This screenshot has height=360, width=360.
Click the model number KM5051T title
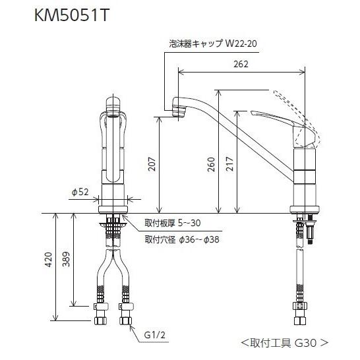pos(71,16)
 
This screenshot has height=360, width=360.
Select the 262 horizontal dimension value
pos(241,64)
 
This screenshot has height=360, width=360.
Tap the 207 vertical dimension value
pos(152,164)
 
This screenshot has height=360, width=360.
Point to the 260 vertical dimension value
pos(211,164)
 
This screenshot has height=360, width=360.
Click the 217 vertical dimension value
pos(229,164)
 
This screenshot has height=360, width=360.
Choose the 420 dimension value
pos(48,260)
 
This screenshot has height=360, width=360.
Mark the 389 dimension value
pos(66,259)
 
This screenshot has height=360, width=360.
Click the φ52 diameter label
pos(80,192)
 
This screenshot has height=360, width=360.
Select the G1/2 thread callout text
pos(154,335)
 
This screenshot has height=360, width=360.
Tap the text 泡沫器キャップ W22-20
pos(213,44)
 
